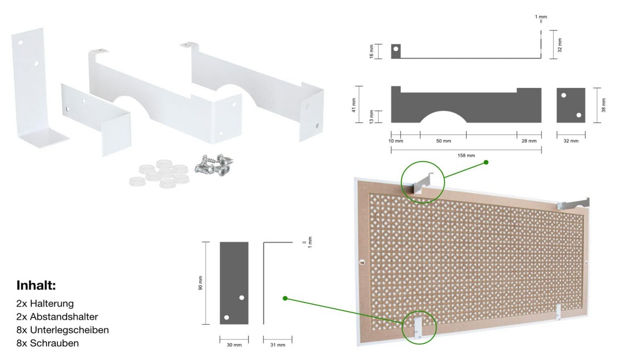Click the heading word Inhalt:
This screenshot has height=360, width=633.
pos(36,286)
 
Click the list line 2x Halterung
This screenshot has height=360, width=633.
pos(45,304)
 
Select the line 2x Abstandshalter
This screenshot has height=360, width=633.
pos(57,317)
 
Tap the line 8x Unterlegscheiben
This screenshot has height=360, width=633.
pos(63,330)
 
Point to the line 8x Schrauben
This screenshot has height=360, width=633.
pos(47,343)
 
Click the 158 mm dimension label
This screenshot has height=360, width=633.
pos(466,155)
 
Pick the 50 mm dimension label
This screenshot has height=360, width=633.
pos(443,141)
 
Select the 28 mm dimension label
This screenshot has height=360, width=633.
pos(529,141)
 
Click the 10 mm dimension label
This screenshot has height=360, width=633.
pos(396,141)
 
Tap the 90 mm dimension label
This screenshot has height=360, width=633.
pos(200,283)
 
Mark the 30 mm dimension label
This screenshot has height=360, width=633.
pos(234,345)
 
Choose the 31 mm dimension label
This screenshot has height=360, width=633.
pos(277,345)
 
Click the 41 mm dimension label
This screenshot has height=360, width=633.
pos(354,105)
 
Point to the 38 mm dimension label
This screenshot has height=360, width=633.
pos(604,105)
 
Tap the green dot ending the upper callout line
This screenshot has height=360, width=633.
pos(486,162)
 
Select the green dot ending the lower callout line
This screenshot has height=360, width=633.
pos(285,298)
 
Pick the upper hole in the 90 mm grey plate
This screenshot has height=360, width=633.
pos(242,297)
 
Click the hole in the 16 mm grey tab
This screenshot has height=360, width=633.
pos(396,49)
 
